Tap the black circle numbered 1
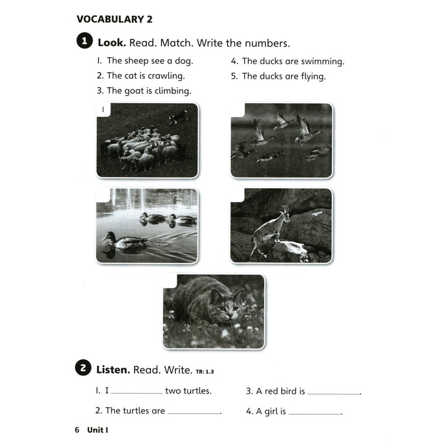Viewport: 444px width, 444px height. coord(83,42)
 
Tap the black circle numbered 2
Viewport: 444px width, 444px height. coord(83,368)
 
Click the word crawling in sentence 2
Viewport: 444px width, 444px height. coord(166,75)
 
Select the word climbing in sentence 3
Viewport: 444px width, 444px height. coord(171,90)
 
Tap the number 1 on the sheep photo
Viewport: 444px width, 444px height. coord(103,110)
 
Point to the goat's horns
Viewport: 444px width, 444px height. coord(285,210)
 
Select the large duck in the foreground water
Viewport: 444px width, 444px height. coord(123,240)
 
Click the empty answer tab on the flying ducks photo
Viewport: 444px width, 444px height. coord(238,109)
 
